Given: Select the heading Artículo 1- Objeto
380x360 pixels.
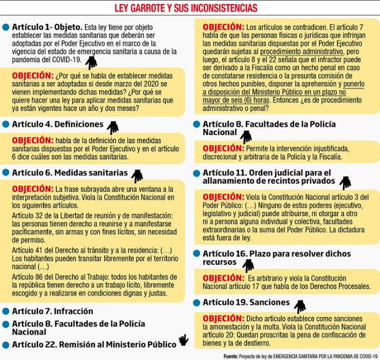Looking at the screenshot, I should click(47, 26).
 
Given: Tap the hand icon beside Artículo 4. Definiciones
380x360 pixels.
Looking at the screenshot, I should click(113, 128).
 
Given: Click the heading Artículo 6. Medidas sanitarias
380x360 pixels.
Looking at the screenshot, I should click(69, 173).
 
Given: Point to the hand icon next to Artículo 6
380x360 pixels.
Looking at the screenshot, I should click(137, 176).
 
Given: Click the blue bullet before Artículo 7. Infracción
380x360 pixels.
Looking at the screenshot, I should click(6, 312).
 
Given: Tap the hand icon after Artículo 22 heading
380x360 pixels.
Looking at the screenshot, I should click(183, 341).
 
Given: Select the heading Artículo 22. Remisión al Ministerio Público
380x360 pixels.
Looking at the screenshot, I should click(94, 344).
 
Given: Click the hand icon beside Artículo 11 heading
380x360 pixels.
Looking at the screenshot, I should click(345, 182).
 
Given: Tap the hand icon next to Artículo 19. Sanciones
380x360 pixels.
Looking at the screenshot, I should click(300, 306).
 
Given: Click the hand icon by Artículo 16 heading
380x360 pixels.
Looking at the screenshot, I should click(248, 265).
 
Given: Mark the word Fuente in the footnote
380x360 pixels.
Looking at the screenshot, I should click(230, 356).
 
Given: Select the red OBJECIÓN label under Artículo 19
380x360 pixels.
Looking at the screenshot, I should click(223, 319).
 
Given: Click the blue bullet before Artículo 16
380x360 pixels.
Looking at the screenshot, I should click(197, 254).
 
